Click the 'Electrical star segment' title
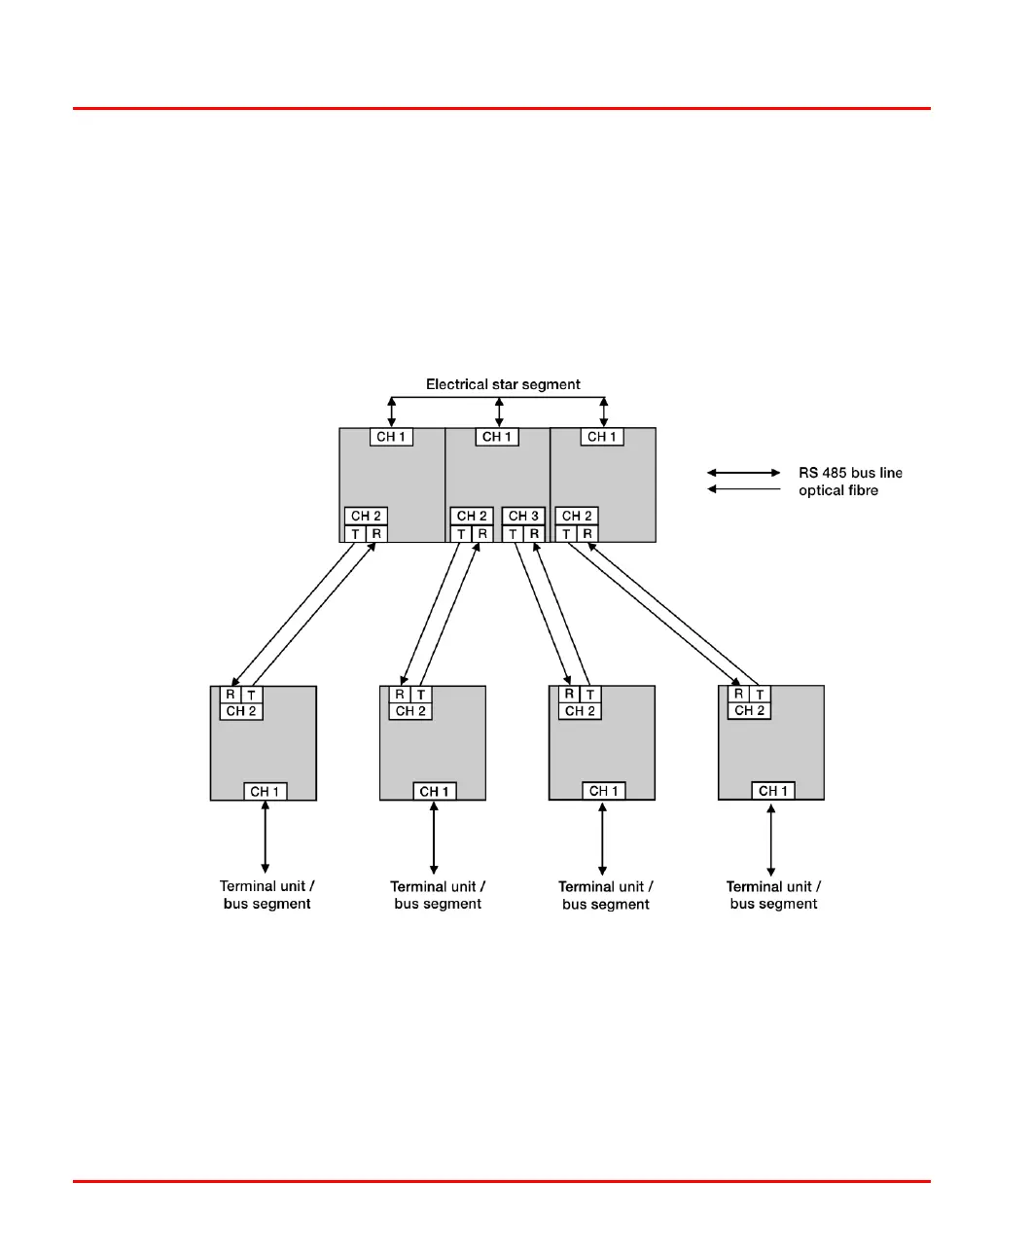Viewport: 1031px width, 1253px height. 503,384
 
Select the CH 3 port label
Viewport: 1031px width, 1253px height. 523,516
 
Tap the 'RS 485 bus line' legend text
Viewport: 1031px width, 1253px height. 850,473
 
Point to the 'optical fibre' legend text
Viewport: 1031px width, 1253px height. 838,490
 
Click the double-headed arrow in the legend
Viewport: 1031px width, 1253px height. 743,473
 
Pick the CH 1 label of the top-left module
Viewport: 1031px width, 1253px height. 392,437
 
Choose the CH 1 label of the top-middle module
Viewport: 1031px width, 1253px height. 498,437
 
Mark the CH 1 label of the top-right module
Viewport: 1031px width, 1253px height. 603,437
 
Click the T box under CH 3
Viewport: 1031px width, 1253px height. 513,534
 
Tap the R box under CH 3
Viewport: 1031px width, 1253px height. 534,534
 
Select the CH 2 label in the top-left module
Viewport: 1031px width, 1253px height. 366,516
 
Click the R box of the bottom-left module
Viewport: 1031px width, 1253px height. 231,695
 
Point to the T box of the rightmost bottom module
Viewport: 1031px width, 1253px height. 760,695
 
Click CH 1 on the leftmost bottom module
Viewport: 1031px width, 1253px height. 265,792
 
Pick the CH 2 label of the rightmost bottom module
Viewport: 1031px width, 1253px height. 749,711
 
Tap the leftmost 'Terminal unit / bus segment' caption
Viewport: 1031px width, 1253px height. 267,895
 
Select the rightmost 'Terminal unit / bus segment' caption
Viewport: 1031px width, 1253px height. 773,895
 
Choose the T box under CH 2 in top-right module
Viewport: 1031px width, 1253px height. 566,534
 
